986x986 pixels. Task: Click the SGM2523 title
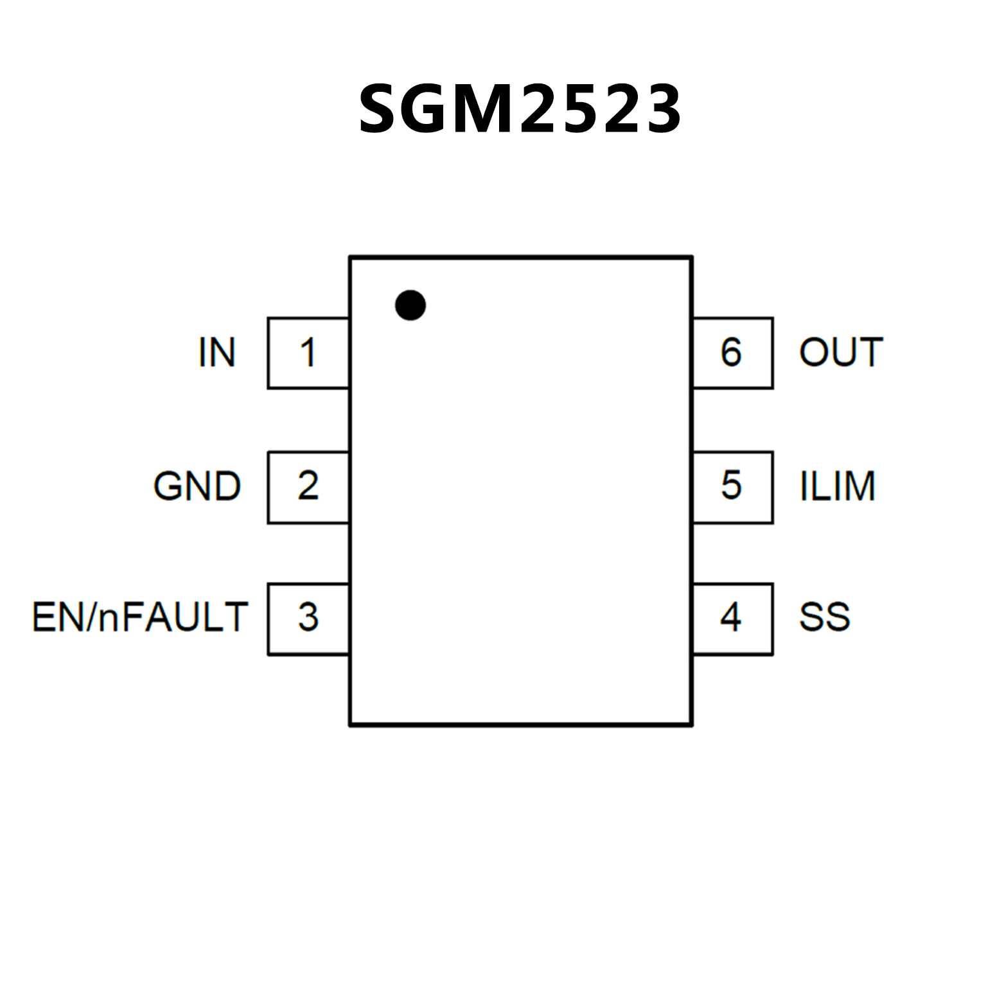(x=520, y=109)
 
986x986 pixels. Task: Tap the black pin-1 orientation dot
(x=410, y=304)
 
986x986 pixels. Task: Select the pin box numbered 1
(x=308, y=353)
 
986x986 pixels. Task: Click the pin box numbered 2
(x=308, y=487)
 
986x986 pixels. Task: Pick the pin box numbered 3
(x=308, y=619)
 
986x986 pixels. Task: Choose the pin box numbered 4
(x=732, y=619)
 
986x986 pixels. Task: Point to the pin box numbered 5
(x=732, y=487)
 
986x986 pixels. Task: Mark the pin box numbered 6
(x=732, y=353)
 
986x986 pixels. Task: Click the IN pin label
(x=217, y=353)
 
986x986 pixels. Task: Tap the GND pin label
(x=197, y=486)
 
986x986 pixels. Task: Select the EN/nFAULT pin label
(x=140, y=617)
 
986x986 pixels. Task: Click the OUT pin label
(x=841, y=353)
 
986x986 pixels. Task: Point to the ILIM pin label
(x=838, y=486)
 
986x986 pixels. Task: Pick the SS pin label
(x=824, y=617)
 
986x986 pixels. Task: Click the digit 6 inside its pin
(x=731, y=352)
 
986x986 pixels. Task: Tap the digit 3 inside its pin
(x=308, y=617)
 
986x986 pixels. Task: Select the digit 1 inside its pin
(x=308, y=353)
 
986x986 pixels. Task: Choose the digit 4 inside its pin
(x=731, y=617)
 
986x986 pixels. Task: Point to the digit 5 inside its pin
(x=731, y=486)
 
